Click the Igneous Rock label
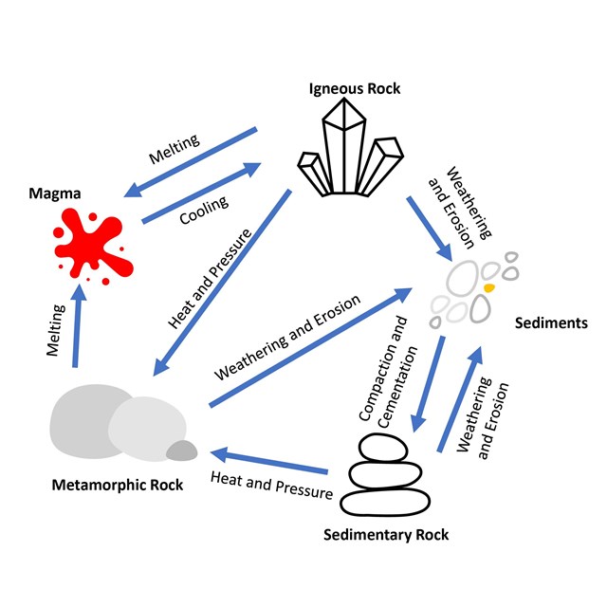point(355,89)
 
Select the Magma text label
point(54,193)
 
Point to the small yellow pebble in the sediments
point(490,285)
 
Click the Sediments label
point(550,323)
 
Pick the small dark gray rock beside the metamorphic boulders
point(181,451)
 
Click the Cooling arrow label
point(204,210)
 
